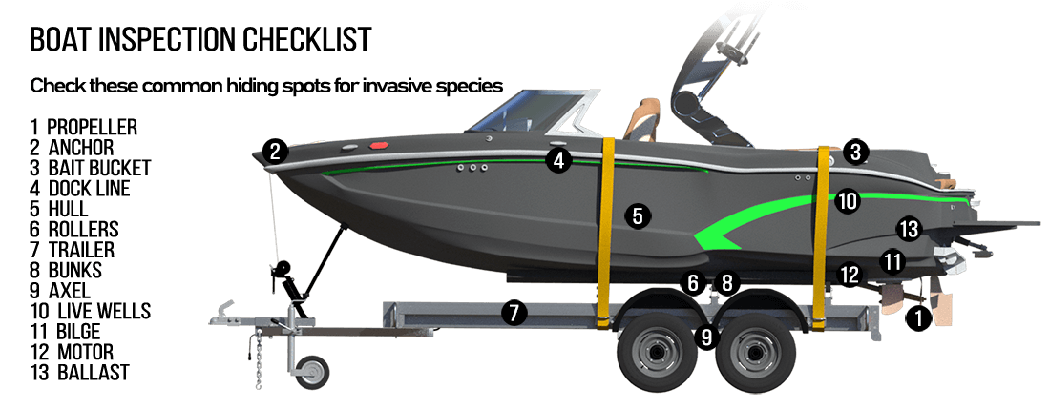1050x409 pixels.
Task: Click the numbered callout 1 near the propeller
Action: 918,319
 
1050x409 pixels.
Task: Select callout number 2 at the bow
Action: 275,151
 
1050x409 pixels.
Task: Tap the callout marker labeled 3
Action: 855,152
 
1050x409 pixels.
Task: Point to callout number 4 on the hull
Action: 558,161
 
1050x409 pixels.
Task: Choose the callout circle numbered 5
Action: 637,216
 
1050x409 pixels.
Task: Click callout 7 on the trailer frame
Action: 514,312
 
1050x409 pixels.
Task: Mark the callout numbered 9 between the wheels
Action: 706,336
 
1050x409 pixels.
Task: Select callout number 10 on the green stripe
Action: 848,201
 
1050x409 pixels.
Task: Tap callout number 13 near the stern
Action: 908,229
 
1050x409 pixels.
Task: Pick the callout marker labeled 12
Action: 849,275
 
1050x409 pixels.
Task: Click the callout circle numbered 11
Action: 892,260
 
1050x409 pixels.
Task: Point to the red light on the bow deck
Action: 379,146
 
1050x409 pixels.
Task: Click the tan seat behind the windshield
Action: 637,119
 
